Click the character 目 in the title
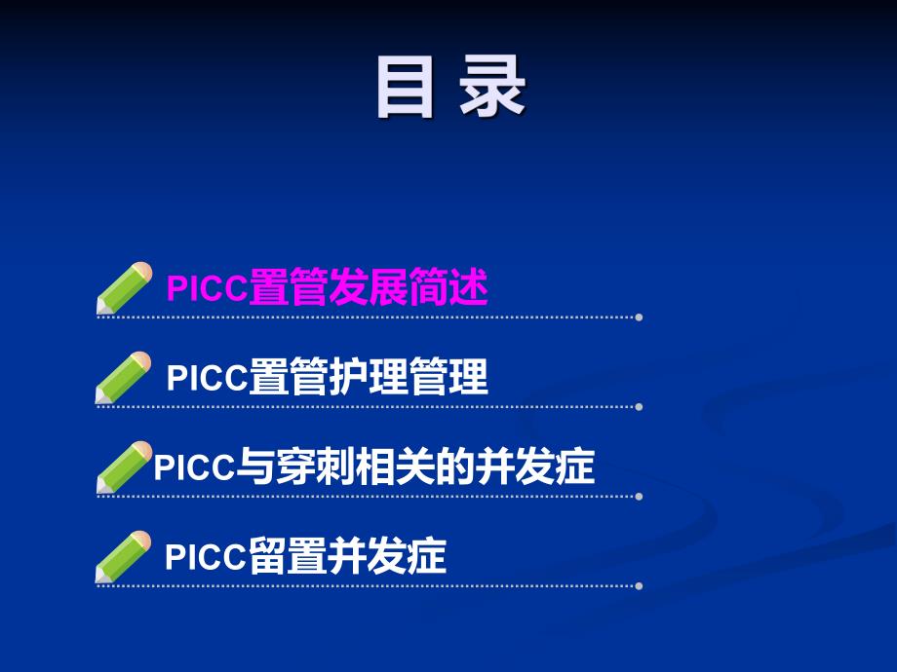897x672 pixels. point(405,89)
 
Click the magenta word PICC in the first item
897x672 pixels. point(208,289)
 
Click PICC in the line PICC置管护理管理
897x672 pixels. point(208,378)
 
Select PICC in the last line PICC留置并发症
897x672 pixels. point(206,558)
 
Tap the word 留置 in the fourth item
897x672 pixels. point(286,558)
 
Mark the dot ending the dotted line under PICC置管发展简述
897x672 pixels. point(639,317)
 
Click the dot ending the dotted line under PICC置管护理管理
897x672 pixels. point(639,406)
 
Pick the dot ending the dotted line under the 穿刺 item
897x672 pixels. point(639,496)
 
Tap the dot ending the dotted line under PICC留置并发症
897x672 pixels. point(639,585)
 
